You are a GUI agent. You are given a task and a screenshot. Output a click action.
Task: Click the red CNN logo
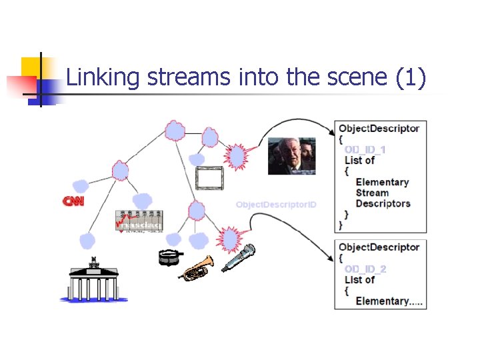(x=73, y=201)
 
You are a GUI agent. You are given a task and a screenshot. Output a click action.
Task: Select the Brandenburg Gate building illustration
(x=94, y=279)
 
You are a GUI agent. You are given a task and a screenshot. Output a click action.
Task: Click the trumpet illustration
(x=197, y=267)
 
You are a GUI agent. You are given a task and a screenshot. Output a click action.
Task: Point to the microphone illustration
(x=239, y=257)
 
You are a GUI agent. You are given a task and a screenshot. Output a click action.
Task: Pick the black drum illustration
(x=169, y=257)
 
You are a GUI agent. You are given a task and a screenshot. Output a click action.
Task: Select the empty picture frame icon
(x=211, y=178)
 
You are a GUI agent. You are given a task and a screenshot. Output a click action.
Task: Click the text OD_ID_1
(x=365, y=149)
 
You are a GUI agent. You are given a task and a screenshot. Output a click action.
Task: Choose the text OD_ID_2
(x=365, y=269)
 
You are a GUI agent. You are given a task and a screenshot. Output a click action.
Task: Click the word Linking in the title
(x=103, y=79)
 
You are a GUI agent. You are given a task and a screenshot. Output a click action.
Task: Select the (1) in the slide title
(x=410, y=79)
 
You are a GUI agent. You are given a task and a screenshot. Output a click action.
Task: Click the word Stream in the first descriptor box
(x=371, y=193)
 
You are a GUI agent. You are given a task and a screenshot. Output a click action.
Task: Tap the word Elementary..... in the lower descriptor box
(x=389, y=301)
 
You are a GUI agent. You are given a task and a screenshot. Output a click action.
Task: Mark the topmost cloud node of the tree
(x=175, y=130)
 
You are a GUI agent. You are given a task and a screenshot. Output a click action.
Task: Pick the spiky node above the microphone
(x=229, y=238)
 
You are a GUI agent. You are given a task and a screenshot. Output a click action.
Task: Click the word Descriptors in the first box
(x=383, y=203)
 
